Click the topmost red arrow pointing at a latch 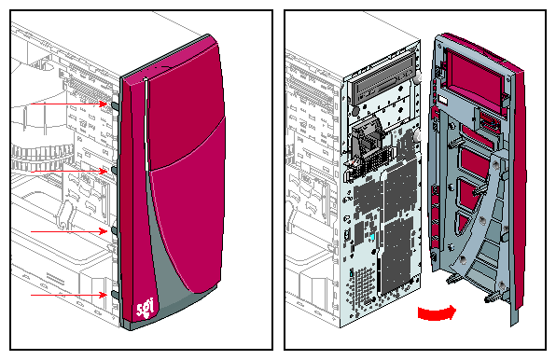[x=69, y=104]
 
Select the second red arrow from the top [x=69, y=172]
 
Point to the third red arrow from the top [x=69, y=231]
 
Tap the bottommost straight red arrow [x=69, y=295]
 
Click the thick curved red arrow [x=437, y=313]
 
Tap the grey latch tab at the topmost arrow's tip [x=115, y=105]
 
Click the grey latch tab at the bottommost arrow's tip [x=115, y=295]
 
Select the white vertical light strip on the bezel [x=146, y=125]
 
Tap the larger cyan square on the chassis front [x=372, y=237]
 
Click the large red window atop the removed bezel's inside [x=475, y=79]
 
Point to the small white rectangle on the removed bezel [x=443, y=100]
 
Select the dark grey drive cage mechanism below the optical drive [x=367, y=141]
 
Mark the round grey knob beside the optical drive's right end [x=417, y=78]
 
